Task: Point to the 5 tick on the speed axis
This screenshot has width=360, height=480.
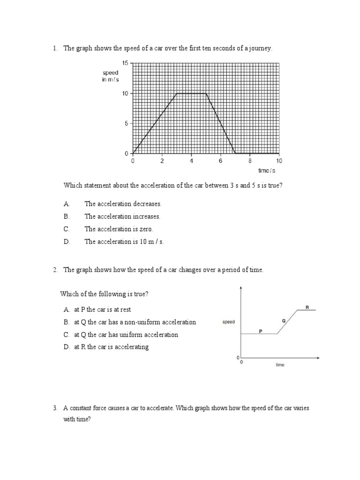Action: point(126,123)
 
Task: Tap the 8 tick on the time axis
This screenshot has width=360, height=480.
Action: point(250,161)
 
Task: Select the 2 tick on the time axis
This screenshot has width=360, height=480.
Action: point(162,161)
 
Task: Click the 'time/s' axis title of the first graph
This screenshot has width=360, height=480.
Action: point(267,171)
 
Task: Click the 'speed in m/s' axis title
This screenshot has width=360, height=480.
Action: point(111,76)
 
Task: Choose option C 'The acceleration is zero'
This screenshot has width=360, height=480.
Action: point(119,229)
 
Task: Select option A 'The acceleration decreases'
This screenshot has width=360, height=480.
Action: point(123,204)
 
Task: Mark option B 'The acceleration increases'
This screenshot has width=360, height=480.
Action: point(122,217)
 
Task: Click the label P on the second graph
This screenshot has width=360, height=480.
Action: point(260,331)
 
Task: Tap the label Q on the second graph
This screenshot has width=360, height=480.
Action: point(284,321)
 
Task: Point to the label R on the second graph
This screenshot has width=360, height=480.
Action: point(307,307)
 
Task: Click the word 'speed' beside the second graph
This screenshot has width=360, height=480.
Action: point(229,322)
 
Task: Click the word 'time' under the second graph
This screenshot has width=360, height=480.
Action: point(280,365)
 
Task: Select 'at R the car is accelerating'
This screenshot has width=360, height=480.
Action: point(111,347)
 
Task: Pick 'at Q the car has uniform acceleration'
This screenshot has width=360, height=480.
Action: point(126,335)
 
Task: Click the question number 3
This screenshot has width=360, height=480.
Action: point(55,408)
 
